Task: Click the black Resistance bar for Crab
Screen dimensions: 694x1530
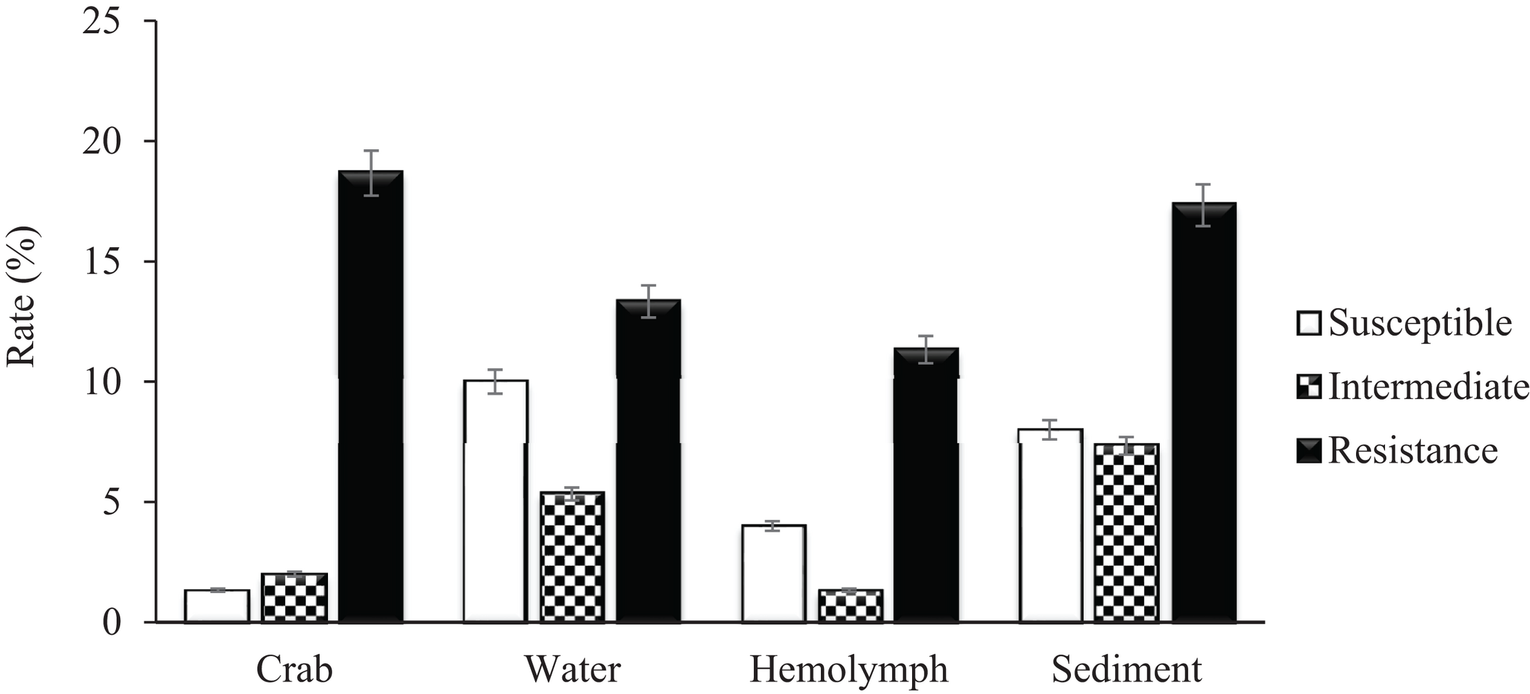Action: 371,397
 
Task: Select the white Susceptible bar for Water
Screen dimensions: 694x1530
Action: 496,501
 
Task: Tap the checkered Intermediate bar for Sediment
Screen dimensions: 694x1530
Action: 1126,533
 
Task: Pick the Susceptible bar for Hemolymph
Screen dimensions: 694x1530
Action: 774,574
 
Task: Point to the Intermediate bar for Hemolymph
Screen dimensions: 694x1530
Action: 851,606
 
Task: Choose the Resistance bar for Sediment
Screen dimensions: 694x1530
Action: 1203,413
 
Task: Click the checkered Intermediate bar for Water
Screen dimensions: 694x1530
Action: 572,557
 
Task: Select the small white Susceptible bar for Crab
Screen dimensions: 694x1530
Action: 217,606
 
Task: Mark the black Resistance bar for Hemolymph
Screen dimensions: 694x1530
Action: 926,485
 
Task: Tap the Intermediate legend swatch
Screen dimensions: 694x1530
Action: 1308,387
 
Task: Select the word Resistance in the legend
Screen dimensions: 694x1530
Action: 1413,450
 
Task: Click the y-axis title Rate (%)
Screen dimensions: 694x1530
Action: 22,297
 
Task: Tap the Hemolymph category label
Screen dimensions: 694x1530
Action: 849,669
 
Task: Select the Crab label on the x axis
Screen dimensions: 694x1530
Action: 295,669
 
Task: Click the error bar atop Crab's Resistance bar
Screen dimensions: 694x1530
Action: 371,173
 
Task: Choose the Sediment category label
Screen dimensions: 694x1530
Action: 1127,669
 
